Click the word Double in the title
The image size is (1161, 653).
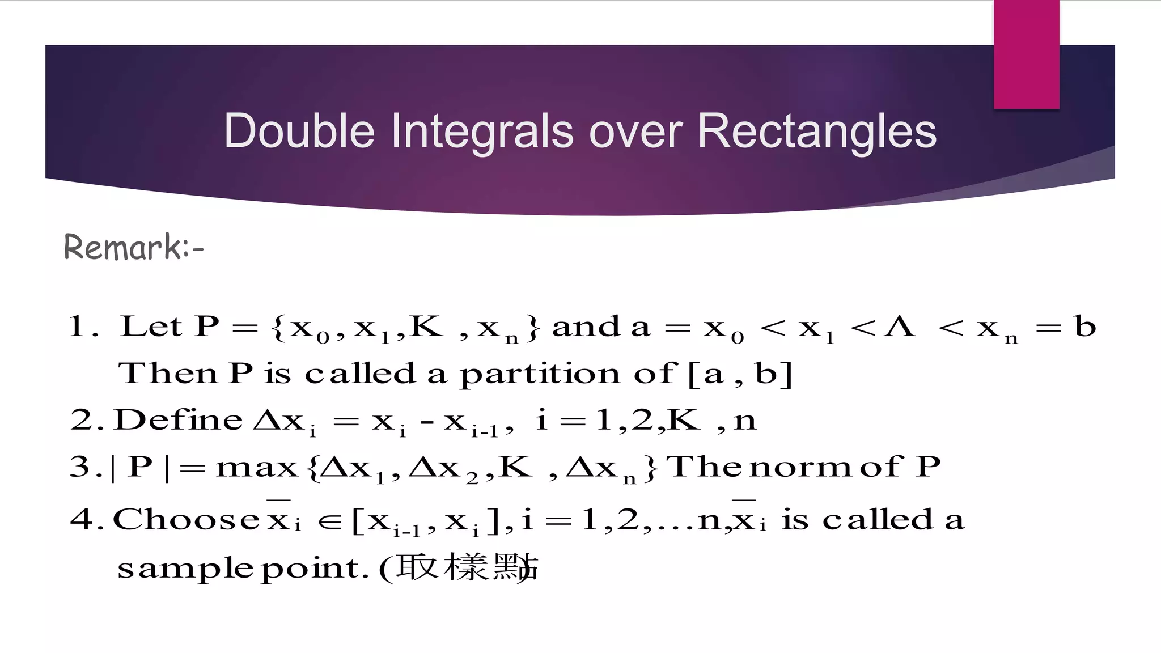coord(299,131)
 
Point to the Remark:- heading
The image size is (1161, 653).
coord(134,248)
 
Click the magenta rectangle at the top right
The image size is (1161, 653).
coord(1026,54)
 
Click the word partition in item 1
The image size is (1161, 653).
coord(539,375)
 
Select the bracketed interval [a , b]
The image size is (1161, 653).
coord(739,374)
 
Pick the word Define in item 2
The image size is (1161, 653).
coord(179,420)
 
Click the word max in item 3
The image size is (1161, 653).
coord(257,468)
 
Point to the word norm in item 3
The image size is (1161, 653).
coord(800,468)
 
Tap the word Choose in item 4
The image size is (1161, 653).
coord(186,519)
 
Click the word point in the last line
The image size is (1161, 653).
coord(311,569)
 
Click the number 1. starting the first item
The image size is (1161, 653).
coord(84,326)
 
